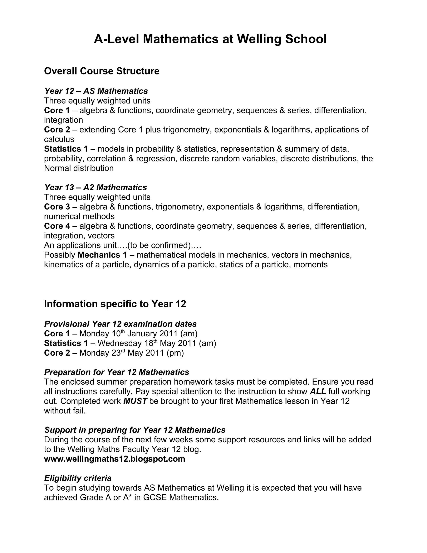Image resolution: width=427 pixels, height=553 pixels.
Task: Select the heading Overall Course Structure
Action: click(x=102, y=71)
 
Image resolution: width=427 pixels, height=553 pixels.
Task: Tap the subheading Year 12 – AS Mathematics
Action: click(x=96, y=91)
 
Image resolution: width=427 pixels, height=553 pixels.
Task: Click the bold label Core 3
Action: click(x=57, y=207)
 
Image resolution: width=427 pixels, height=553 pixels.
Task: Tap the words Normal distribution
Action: click(x=79, y=168)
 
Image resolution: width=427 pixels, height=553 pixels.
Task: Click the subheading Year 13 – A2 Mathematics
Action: click(x=95, y=188)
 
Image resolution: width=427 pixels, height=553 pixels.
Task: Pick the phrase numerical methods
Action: click(x=79, y=216)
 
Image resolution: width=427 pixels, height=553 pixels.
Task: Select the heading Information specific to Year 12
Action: click(x=115, y=304)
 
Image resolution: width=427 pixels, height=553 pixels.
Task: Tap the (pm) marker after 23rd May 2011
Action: click(x=175, y=353)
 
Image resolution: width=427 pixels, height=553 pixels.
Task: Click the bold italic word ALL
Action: click(x=318, y=391)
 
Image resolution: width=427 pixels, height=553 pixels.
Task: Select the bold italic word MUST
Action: click(x=135, y=401)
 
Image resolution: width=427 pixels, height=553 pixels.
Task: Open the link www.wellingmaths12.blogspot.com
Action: click(x=114, y=459)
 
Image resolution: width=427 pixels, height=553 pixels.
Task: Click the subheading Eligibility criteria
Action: click(x=78, y=478)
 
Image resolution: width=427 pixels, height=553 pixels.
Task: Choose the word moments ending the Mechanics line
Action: click(x=310, y=265)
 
